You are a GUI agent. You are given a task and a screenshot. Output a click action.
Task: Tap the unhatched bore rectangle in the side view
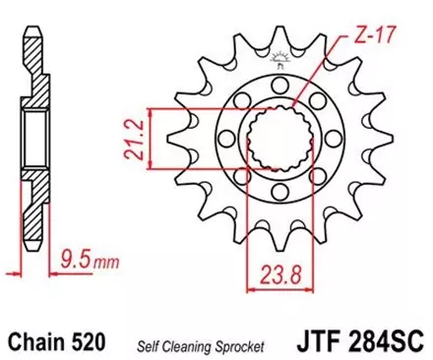35,138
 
